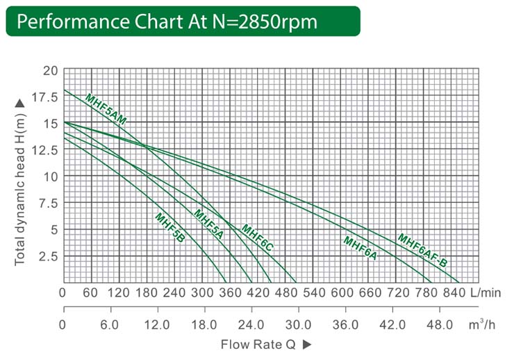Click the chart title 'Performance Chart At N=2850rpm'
(x=167, y=21)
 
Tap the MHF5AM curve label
(x=106, y=109)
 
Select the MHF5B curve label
(x=169, y=227)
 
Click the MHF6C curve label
(x=257, y=238)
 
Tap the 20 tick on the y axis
(x=51, y=71)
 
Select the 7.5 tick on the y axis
(x=49, y=203)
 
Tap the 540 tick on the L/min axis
(x=298, y=293)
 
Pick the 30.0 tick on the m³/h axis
(x=298, y=325)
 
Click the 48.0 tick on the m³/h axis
(x=439, y=325)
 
